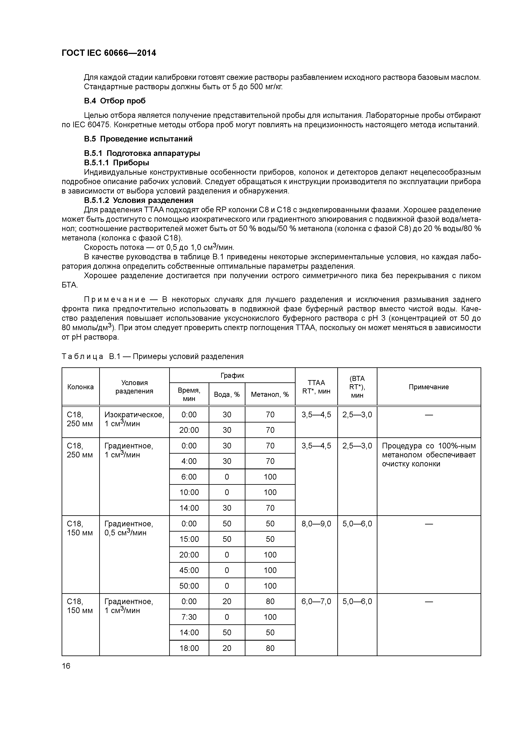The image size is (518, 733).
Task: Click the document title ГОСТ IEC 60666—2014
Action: click(109, 53)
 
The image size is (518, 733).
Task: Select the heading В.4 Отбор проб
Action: click(115, 101)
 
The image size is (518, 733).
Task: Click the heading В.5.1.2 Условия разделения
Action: click(138, 200)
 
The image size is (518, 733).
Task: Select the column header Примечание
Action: click(429, 387)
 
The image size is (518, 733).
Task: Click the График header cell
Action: click(232, 375)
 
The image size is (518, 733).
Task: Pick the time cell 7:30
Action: click(189, 617)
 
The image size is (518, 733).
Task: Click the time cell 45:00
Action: click(189, 570)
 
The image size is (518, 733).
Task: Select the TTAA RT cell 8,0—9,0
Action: click(316, 524)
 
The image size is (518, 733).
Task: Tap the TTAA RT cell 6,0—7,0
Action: click(316, 602)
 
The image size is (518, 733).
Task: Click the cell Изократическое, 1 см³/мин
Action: click(134, 419)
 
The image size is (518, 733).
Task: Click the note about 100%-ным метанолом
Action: click(429, 455)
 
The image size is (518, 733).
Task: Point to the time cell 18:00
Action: click(189, 648)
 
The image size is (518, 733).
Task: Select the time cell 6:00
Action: click(189, 477)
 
